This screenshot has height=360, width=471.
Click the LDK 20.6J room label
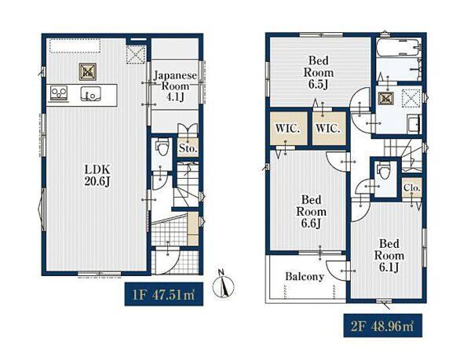click(x=97, y=176)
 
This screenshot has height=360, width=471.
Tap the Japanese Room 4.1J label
click(x=175, y=86)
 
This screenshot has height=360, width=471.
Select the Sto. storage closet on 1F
click(x=188, y=147)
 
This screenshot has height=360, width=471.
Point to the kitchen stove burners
click(x=59, y=92)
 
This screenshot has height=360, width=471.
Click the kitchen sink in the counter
click(x=90, y=93)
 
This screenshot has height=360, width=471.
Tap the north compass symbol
click(x=223, y=285)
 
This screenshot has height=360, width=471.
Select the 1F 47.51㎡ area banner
click(x=164, y=294)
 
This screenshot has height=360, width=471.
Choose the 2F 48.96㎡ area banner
click(x=383, y=325)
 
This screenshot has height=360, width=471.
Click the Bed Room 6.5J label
click(x=319, y=73)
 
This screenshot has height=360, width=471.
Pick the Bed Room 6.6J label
click(x=311, y=212)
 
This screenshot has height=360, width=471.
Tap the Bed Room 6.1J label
click(x=389, y=256)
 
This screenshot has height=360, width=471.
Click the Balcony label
click(x=305, y=276)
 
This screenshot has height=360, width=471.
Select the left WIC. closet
click(x=288, y=129)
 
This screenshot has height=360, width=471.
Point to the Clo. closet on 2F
click(x=412, y=188)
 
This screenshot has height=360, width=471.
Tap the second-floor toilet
click(x=383, y=170)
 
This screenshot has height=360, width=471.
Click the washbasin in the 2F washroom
click(x=414, y=124)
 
